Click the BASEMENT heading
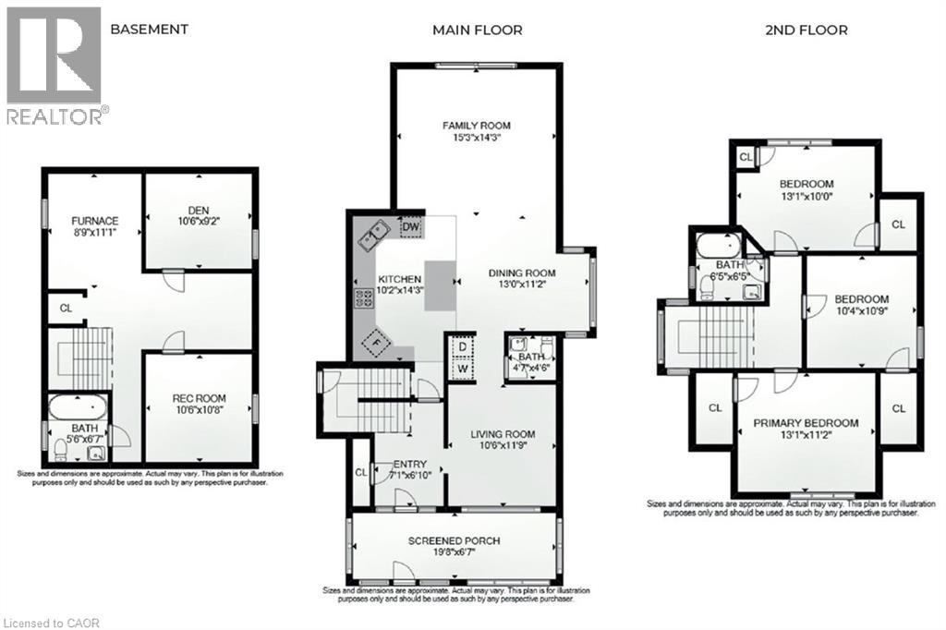[149, 30]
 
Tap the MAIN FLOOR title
[478, 30]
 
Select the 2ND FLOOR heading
[807, 30]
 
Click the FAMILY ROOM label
[476, 126]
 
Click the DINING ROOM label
[522, 273]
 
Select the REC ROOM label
[199, 399]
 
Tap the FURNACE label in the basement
[96, 221]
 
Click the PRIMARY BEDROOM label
[806, 423]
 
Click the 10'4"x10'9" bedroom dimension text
[862, 311]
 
